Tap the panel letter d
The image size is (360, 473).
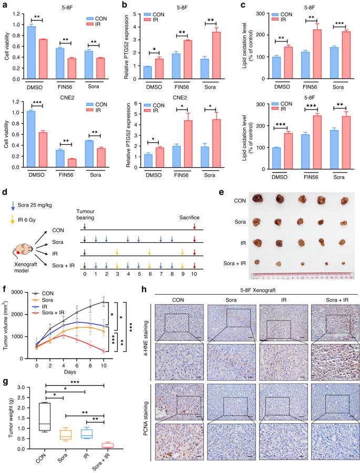(x=3, y=187)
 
